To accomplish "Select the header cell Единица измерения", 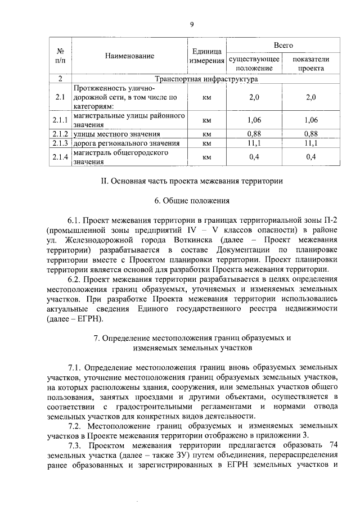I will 206,56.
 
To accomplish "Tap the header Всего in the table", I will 283,44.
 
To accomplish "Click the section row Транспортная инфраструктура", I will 205,79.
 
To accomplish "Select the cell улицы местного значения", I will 116,134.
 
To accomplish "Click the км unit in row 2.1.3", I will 206,143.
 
